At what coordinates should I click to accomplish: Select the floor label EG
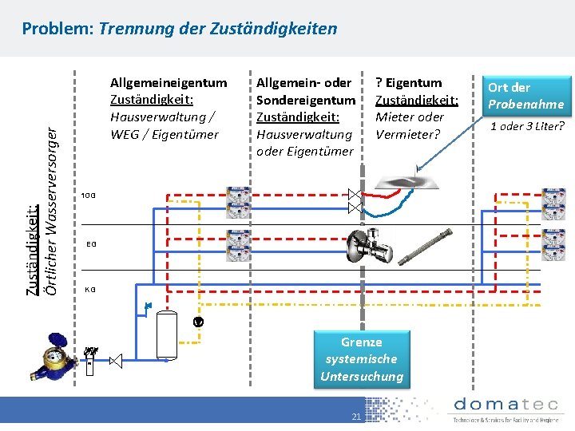click(91, 243)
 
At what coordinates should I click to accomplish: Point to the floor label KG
click(91, 289)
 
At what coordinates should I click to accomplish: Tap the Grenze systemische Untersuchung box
click(362, 359)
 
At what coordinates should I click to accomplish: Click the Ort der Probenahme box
click(526, 96)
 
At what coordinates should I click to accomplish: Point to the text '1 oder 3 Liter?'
click(527, 126)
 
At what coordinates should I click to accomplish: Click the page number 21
click(357, 417)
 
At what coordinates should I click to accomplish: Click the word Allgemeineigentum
click(169, 82)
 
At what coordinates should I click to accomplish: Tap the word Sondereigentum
click(306, 100)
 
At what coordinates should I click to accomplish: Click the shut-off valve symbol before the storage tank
click(115, 362)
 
